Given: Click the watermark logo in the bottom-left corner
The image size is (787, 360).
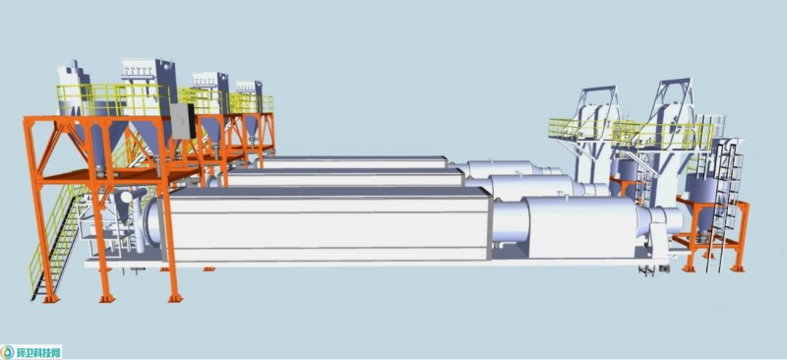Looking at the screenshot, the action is coord(31,352).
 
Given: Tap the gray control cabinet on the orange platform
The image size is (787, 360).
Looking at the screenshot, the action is coord(183,121).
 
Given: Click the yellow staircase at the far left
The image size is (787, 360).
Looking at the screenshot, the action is coord(54,241).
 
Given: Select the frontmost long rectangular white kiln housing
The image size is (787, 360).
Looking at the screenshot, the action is coord(326,224).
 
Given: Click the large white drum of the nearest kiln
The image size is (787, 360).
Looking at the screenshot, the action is coord(576,227).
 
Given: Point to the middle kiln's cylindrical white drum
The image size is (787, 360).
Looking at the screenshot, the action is coord(533,187).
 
